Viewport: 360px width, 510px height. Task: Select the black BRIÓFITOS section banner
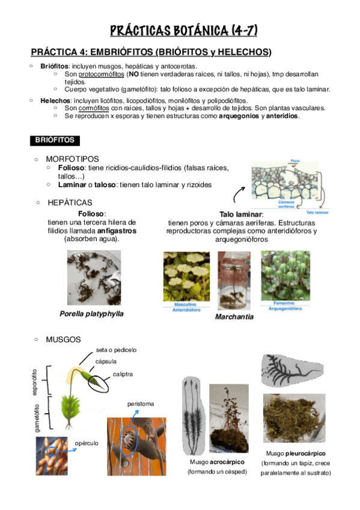point(54,140)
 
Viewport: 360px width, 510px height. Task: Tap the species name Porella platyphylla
point(96,313)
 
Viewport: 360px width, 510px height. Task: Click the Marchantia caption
point(234,316)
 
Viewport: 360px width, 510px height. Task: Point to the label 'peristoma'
point(140,404)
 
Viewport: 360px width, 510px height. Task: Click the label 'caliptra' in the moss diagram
point(123,374)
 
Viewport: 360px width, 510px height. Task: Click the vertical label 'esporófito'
point(34,382)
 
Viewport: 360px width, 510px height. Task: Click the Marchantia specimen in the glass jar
point(234,280)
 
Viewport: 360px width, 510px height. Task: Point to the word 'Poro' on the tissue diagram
point(294,161)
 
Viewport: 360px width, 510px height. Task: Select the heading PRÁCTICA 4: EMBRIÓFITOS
point(151,52)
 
